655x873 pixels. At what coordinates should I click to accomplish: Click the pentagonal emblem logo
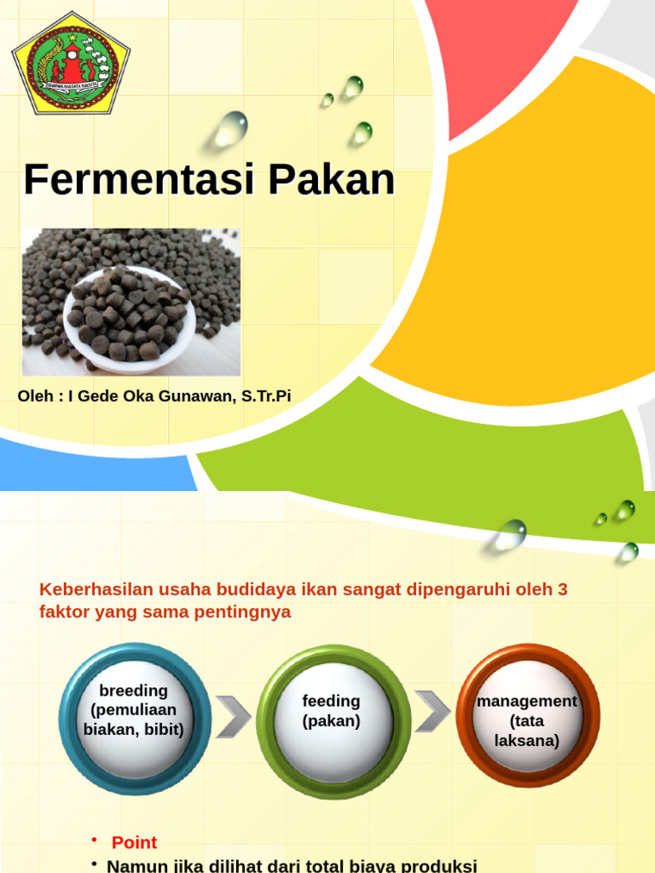click(71, 63)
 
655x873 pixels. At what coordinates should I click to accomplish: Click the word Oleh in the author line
click(35, 396)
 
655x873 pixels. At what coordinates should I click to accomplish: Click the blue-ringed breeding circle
click(134, 718)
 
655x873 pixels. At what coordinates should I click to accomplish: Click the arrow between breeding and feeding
click(232, 716)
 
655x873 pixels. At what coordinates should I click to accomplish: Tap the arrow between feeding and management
click(432, 709)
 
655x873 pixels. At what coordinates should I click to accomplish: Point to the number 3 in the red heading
click(562, 590)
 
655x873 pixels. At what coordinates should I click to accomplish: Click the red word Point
click(134, 842)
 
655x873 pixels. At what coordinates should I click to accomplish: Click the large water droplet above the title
click(230, 128)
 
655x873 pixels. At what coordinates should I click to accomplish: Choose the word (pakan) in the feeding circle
click(331, 721)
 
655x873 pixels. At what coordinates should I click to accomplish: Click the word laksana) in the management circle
click(527, 740)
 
